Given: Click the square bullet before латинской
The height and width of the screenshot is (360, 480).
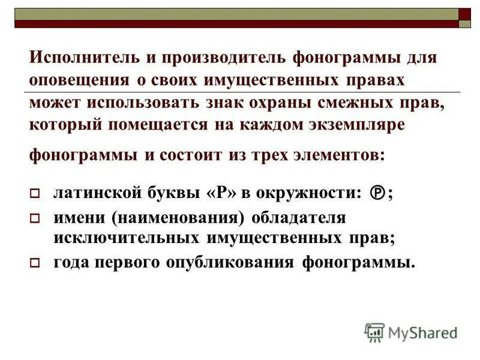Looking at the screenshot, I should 34,194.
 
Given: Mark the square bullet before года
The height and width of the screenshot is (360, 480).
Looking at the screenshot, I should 34,263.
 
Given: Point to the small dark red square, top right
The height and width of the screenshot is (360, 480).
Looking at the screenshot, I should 465,13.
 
